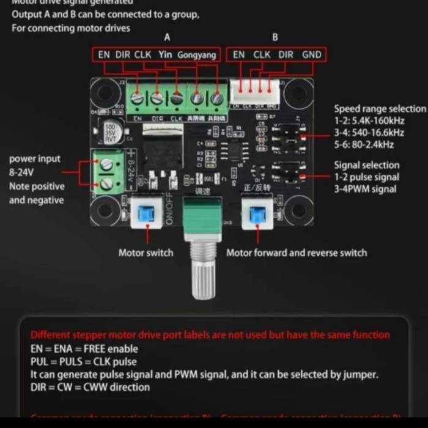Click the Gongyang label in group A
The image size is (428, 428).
click(196, 55)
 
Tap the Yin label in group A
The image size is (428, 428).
click(165, 55)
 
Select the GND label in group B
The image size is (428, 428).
click(311, 55)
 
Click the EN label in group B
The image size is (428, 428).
click(238, 55)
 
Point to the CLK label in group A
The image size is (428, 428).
click(142, 55)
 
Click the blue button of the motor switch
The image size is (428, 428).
click(147, 212)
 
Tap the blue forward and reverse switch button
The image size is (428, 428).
click(257, 212)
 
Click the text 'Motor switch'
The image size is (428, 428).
click(146, 253)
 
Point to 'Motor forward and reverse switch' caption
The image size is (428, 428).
click(297, 253)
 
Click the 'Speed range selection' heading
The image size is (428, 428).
click(380, 109)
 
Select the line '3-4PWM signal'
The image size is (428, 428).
click(365, 189)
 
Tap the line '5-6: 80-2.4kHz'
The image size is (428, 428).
click(364, 145)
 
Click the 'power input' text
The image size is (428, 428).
click(35, 159)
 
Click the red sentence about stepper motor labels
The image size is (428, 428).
click(210, 335)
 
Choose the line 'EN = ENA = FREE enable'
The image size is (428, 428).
click(84, 349)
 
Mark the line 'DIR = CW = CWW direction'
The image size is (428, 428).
click(90, 387)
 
